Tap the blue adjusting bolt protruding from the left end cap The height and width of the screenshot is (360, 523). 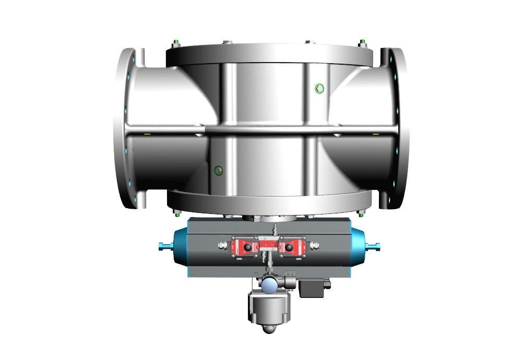coord(164,246)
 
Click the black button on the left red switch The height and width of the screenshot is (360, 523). coord(248,246)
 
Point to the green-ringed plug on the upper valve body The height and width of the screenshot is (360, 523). coord(319,88)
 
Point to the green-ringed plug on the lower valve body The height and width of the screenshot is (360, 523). coord(218,170)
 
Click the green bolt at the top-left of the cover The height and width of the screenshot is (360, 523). coord(175,42)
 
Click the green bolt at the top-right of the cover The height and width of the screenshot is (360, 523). coord(362,42)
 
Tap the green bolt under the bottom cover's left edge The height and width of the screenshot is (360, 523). coord(176,212)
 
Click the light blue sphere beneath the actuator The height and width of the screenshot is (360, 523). coord(270,284)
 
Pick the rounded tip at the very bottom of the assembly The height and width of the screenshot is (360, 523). coord(268,329)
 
